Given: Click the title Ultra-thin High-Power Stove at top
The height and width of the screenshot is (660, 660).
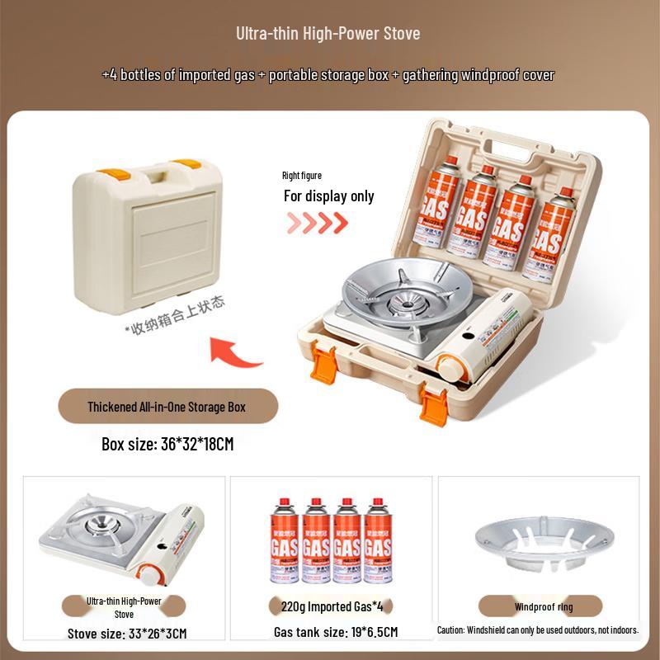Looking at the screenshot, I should [x=328, y=34].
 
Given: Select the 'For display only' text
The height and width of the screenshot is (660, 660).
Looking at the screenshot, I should [x=328, y=196].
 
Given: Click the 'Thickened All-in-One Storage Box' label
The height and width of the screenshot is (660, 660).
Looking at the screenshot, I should [x=167, y=407].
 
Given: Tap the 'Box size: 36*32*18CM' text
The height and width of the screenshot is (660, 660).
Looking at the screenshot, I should [x=167, y=444].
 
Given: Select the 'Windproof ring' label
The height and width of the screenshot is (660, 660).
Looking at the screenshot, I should [x=543, y=607].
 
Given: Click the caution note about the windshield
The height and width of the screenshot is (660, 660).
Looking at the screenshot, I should [x=538, y=629].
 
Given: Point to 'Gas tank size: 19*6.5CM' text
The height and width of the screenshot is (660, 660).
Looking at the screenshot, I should [x=336, y=633].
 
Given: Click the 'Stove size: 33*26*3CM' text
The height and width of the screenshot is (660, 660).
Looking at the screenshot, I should [x=127, y=634].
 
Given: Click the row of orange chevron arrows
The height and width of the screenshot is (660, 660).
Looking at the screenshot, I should [x=317, y=223].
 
